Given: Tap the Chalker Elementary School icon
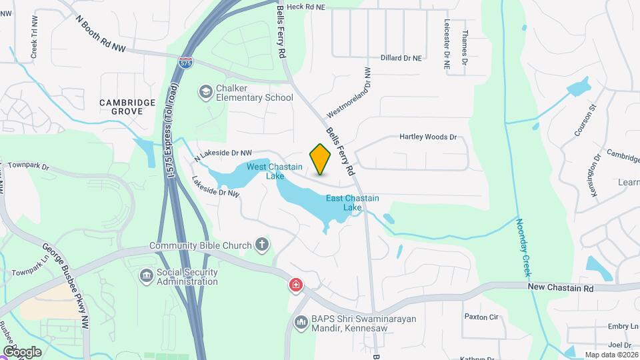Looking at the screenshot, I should click(205, 91).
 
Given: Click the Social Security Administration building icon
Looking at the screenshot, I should click(146, 275).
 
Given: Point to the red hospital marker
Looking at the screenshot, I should click(295, 286).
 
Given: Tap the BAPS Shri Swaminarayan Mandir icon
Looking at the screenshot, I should click(300, 323).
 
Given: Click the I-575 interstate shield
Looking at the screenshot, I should click(187, 63).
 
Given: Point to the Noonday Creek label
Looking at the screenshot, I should click(523, 247).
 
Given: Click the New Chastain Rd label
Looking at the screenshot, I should click(560, 287).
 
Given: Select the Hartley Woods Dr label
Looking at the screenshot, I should click(427, 137).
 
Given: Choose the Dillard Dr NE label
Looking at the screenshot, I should click(401, 58).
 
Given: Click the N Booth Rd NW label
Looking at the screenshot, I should click(101, 35).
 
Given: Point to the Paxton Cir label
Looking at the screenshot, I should click(481, 317).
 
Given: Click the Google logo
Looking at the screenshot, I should click(22, 351).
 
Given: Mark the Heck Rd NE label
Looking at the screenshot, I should click(306, 7).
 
